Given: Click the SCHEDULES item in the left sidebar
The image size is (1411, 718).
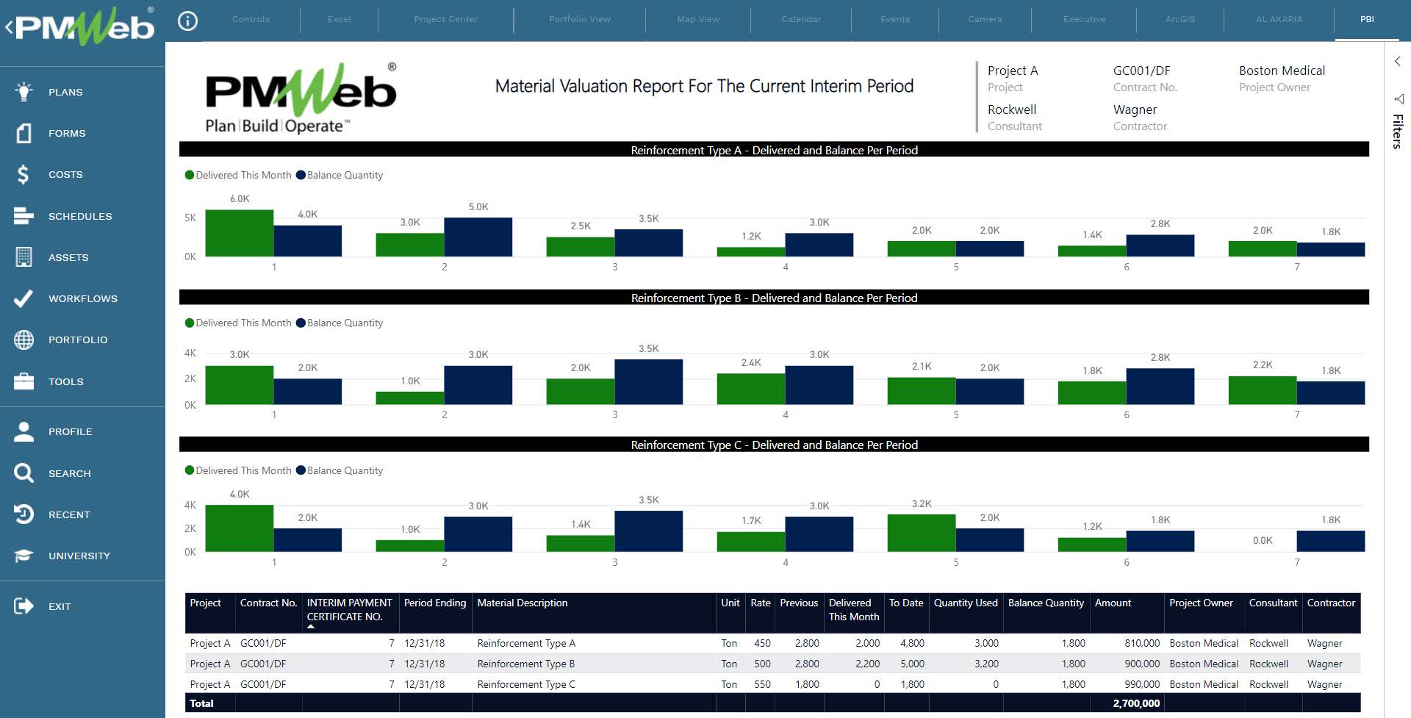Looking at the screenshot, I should [x=79, y=216].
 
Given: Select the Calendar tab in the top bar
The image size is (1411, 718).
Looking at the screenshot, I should [x=801, y=19].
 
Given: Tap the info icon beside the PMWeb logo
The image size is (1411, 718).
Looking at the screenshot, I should [x=188, y=21].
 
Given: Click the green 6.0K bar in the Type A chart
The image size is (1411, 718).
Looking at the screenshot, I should [x=240, y=233].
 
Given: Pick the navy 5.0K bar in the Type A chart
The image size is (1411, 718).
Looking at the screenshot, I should [x=478, y=237].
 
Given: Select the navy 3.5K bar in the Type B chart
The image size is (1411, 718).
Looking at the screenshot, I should [x=648, y=381].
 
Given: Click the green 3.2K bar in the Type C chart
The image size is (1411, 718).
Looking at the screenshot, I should [x=922, y=533].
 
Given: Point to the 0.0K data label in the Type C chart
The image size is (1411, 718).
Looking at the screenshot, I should [x=1263, y=540].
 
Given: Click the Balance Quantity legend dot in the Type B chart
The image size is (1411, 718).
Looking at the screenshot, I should [x=301, y=323].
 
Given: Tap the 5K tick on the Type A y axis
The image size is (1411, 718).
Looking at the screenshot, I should [x=190, y=218].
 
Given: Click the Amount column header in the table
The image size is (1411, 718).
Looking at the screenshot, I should [x=1113, y=603].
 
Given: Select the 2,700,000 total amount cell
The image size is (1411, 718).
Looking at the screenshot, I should [x=1136, y=703].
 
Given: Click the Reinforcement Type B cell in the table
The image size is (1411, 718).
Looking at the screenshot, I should [x=525, y=664].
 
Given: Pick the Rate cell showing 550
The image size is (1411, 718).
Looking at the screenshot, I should [x=762, y=684].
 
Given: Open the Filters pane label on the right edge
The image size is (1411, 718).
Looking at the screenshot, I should [x=1398, y=131].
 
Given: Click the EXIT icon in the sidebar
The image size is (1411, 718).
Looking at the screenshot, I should [x=24, y=606].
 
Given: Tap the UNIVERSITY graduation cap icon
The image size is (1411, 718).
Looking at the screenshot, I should [x=24, y=556].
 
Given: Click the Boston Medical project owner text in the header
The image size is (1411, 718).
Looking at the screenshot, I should [x=1282, y=71].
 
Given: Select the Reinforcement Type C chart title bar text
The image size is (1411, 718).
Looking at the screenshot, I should [x=774, y=445].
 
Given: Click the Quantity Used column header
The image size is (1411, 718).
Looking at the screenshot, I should [x=966, y=603].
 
